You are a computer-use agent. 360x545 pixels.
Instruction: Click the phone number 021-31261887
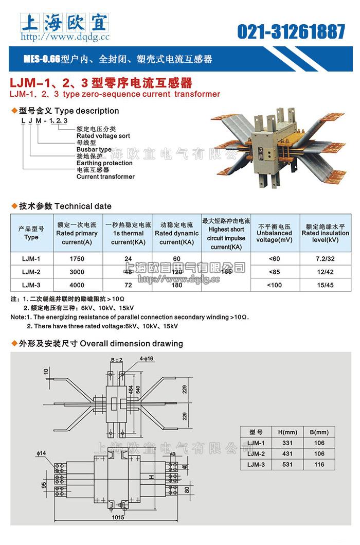pos(291,31)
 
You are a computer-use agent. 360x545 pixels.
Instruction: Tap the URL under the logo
pos(65,37)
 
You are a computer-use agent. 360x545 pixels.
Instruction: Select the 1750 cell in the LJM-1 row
pos(76,258)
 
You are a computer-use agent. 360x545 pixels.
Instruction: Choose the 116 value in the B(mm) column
pos(319,464)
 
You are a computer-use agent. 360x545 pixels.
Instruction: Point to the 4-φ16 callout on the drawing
pos(146,359)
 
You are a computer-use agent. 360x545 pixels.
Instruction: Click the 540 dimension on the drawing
pos(137,390)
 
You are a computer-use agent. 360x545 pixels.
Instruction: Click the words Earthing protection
pos(104,163)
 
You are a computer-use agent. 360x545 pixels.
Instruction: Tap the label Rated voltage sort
pos(103,136)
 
